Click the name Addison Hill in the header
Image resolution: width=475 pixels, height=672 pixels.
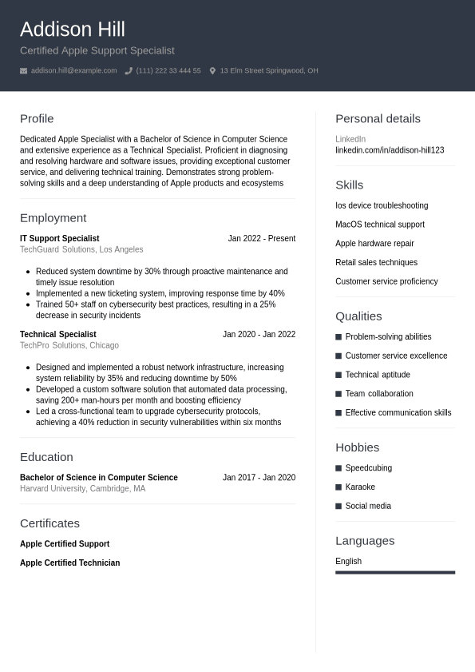72,30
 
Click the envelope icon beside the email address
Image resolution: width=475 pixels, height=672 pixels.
23,71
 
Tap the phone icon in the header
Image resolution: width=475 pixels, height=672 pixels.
129,71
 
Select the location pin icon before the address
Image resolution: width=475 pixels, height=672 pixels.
212,71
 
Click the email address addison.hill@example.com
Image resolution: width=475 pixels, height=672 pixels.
73,71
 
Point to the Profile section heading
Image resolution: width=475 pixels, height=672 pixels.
37,118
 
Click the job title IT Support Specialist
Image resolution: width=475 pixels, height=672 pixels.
59,238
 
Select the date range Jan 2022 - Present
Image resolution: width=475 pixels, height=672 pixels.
261,238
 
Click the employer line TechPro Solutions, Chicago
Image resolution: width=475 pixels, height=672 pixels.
69,345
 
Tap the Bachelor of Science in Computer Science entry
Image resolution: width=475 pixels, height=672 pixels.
98,477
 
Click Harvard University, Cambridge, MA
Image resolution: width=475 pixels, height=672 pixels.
82,488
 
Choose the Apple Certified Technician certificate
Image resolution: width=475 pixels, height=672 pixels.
69,563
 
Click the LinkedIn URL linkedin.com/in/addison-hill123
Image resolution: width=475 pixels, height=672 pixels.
389,150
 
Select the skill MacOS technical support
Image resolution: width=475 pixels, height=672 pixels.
379,225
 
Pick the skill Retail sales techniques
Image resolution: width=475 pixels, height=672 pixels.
376,262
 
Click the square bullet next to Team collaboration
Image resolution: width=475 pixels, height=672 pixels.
338,394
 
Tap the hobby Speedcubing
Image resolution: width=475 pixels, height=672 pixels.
368,467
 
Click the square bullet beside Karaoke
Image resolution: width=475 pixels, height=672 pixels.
338,487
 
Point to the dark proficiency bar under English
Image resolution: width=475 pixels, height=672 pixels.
394,572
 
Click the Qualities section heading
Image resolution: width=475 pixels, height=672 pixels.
358,316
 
